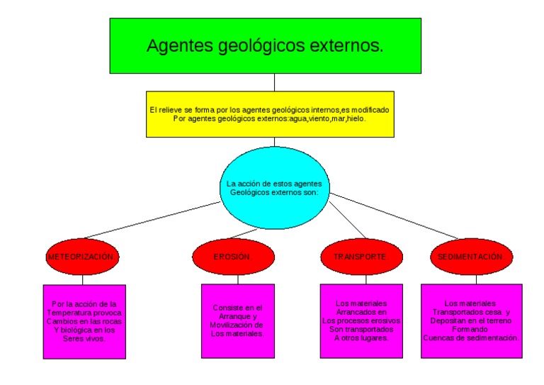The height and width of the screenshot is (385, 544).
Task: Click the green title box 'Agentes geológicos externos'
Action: (265, 46)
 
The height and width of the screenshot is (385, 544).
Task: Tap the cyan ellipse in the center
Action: (274, 187)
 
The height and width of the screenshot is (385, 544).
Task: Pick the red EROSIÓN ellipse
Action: (233, 257)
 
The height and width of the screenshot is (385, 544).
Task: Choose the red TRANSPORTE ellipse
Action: (361, 257)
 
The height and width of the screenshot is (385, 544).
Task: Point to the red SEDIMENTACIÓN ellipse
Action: (470, 257)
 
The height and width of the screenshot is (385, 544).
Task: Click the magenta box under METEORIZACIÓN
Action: (84, 321)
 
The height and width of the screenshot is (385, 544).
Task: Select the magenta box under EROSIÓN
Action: (237, 321)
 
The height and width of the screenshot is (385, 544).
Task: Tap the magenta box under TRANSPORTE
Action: (361, 321)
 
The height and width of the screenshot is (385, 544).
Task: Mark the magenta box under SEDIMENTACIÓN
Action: (471, 321)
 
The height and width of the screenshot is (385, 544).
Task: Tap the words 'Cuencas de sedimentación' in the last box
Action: (471, 338)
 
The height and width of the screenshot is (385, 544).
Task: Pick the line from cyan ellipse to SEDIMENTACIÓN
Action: (397, 215)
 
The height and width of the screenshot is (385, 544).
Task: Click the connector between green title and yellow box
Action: (274, 82)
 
